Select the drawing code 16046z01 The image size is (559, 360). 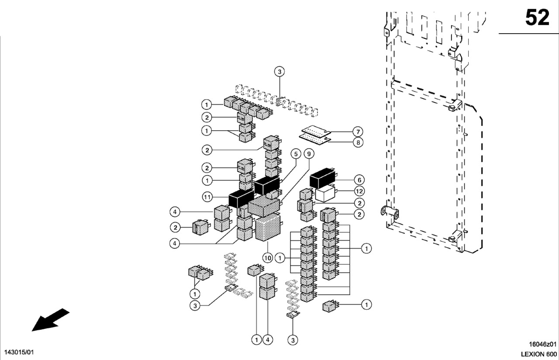[543, 344]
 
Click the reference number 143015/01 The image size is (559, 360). [19, 352]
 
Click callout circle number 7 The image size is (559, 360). [358, 132]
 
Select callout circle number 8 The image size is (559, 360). [358, 142]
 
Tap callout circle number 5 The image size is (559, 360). [296, 154]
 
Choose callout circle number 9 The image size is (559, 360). [309, 154]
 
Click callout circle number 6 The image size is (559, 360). [359, 180]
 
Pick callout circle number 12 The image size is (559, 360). [359, 191]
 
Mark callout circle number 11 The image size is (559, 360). [207, 197]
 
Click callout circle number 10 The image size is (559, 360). [267, 258]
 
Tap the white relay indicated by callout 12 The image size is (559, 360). [325, 194]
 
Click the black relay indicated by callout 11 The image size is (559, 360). [241, 198]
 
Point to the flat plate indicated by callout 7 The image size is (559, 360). [316, 131]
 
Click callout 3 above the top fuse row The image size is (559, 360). [279, 72]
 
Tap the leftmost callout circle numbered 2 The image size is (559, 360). [175, 227]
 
